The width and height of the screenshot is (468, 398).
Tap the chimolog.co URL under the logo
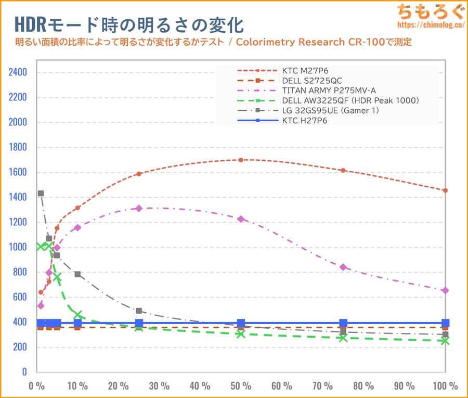tap(430, 24)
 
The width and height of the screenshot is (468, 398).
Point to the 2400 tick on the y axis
tap(17, 72)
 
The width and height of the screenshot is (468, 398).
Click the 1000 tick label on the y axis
tap(17, 247)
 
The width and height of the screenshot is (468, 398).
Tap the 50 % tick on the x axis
tap(241, 386)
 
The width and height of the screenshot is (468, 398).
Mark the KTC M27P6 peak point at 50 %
tap(241, 160)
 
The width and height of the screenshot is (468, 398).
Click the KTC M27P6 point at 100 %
tap(445, 190)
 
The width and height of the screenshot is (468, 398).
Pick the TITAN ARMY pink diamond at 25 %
tap(139, 208)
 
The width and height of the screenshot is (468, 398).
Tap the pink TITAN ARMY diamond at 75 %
tap(343, 267)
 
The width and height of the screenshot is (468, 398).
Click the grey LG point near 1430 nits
tap(41, 194)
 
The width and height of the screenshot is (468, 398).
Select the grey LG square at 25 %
tap(139, 311)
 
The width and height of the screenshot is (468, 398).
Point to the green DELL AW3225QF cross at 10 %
tap(77, 315)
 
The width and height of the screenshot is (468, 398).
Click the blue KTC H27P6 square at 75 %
tap(343, 323)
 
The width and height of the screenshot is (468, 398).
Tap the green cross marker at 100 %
tap(445, 340)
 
